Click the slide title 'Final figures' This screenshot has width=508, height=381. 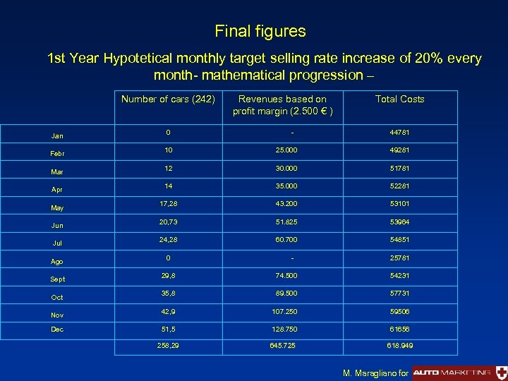(x=260, y=32)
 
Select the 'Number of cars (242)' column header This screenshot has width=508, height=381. (x=168, y=99)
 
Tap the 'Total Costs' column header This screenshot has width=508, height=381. (x=399, y=99)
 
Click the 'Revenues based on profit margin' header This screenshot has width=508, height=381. (x=282, y=105)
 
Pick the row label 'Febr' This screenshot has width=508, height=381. (x=57, y=152)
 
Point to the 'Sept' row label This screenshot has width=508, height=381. (x=58, y=279)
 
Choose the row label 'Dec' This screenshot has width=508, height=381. (x=57, y=329)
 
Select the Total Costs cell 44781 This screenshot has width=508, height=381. (x=399, y=132)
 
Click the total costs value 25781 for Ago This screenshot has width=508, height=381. (x=399, y=258)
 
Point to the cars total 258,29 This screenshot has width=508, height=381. (x=168, y=346)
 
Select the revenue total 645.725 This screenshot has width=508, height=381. (x=282, y=346)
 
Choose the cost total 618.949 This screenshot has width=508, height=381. (x=399, y=346)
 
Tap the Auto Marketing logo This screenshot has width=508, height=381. (x=452, y=372)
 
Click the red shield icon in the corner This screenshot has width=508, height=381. (x=500, y=372)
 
